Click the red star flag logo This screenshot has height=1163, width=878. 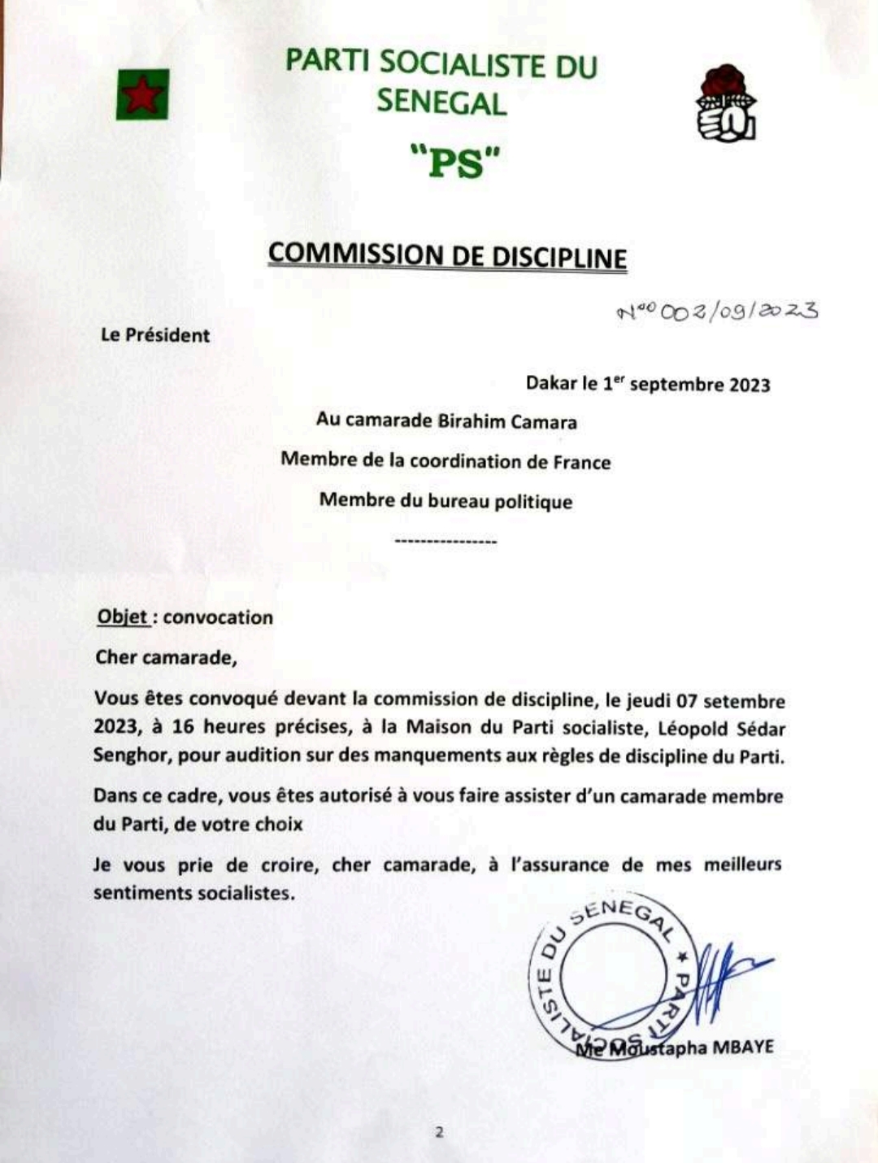tap(142, 94)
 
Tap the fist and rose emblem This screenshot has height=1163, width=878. tap(726, 103)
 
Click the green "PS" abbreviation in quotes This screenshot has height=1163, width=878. tap(452, 163)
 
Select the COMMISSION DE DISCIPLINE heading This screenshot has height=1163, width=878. tap(447, 255)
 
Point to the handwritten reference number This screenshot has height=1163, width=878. tap(717, 311)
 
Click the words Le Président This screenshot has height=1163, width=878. tap(155, 335)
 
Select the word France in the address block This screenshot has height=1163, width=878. tap(581, 462)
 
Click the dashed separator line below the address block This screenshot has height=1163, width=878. tap(445, 542)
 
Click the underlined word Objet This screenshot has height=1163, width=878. tap(123, 617)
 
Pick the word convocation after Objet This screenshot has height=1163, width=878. tap(218, 617)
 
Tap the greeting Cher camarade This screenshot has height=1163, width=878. tap(166, 657)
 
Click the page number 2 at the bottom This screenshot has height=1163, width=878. tap(440, 1131)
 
